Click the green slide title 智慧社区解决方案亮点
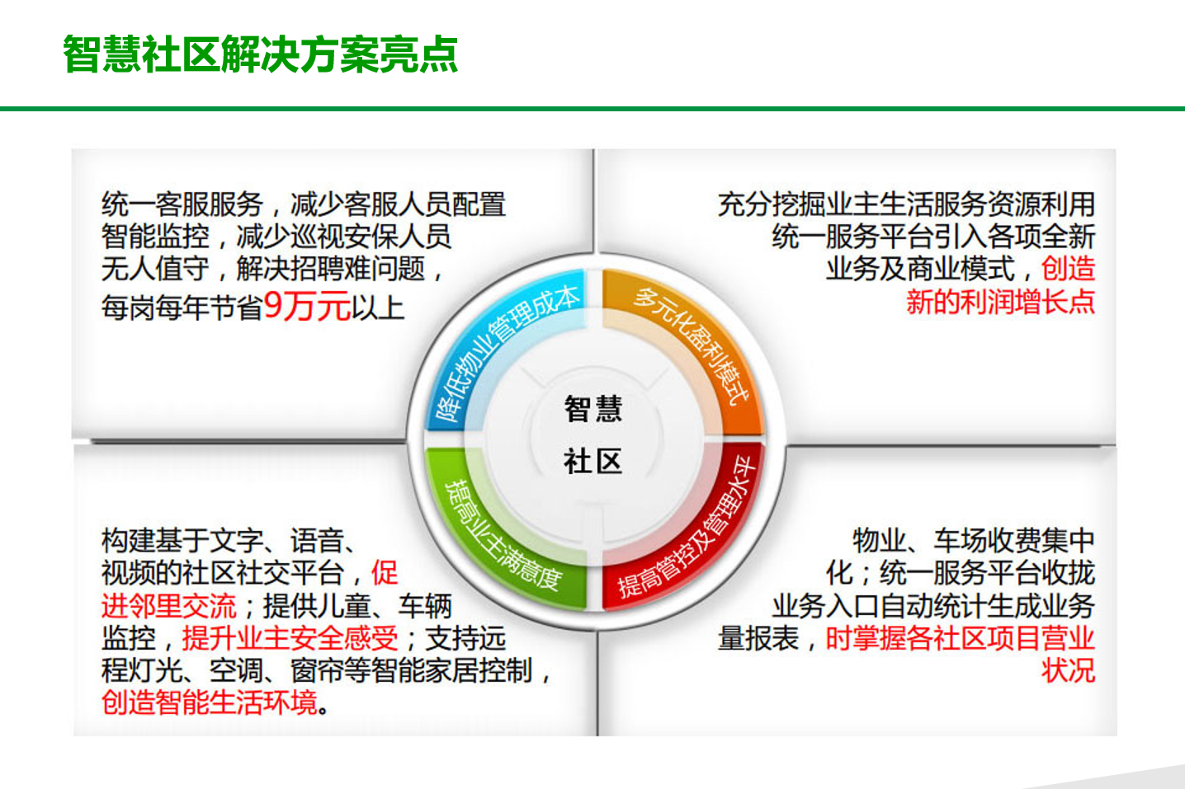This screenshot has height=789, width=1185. [260, 54]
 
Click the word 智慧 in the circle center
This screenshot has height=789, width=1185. [593, 408]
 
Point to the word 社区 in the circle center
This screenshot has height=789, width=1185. [593, 462]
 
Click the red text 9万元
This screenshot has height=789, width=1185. [307, 306]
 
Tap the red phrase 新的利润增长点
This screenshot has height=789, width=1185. [1000, 302]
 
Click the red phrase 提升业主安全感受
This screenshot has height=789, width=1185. [290, 638]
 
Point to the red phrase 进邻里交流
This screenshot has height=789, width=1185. [169, 606]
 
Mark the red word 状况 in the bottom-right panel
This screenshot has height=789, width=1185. [1068, 670]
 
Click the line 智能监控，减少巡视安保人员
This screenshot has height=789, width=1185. [276, 236]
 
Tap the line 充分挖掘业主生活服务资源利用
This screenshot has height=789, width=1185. [906, 204]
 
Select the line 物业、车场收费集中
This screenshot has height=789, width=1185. [974, 541]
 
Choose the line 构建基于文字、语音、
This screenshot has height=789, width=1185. [229, 541]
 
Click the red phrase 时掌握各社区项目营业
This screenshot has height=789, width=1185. [961, 638]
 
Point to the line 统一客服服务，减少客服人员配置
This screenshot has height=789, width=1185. [304, 204]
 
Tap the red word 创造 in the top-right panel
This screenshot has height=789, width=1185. [1068, 269]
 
